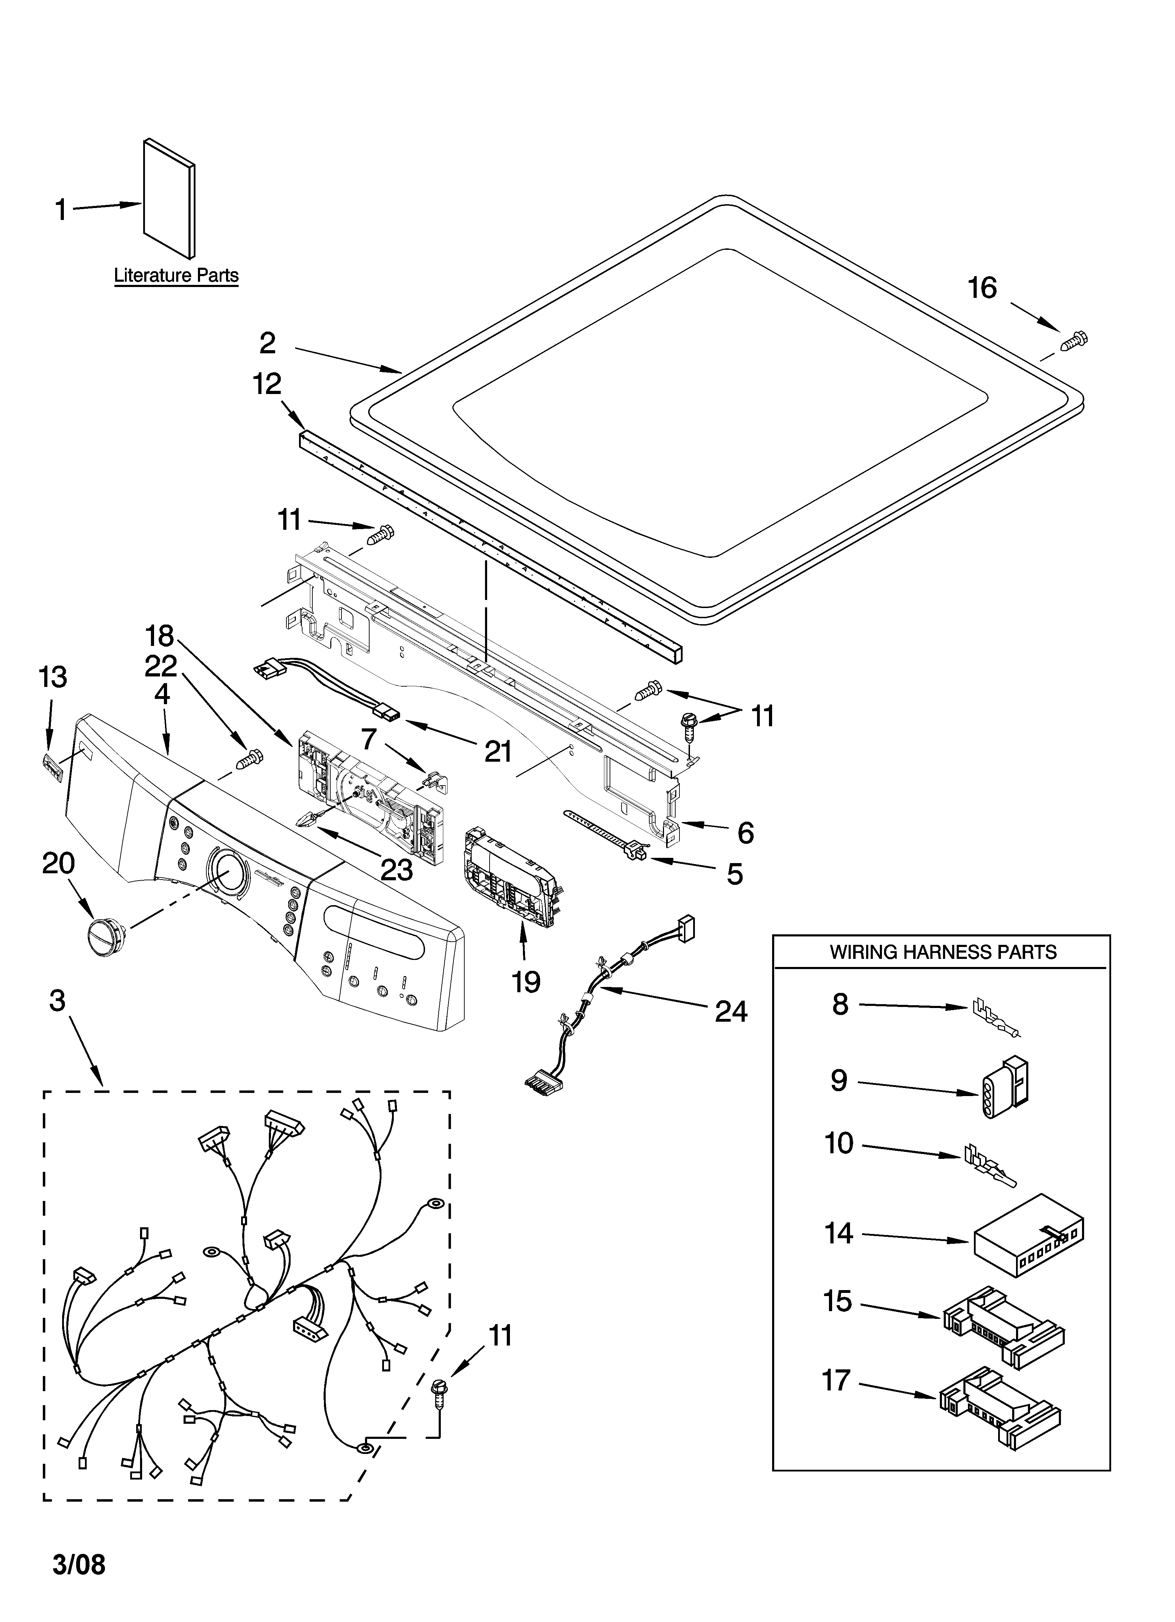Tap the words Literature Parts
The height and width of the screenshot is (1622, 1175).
coord(176,275)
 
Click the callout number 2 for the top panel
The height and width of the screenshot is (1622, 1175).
coord(267,343)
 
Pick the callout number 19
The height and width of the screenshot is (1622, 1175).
coord(525,982)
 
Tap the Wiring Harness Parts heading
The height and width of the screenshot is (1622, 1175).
coord(942,952)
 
